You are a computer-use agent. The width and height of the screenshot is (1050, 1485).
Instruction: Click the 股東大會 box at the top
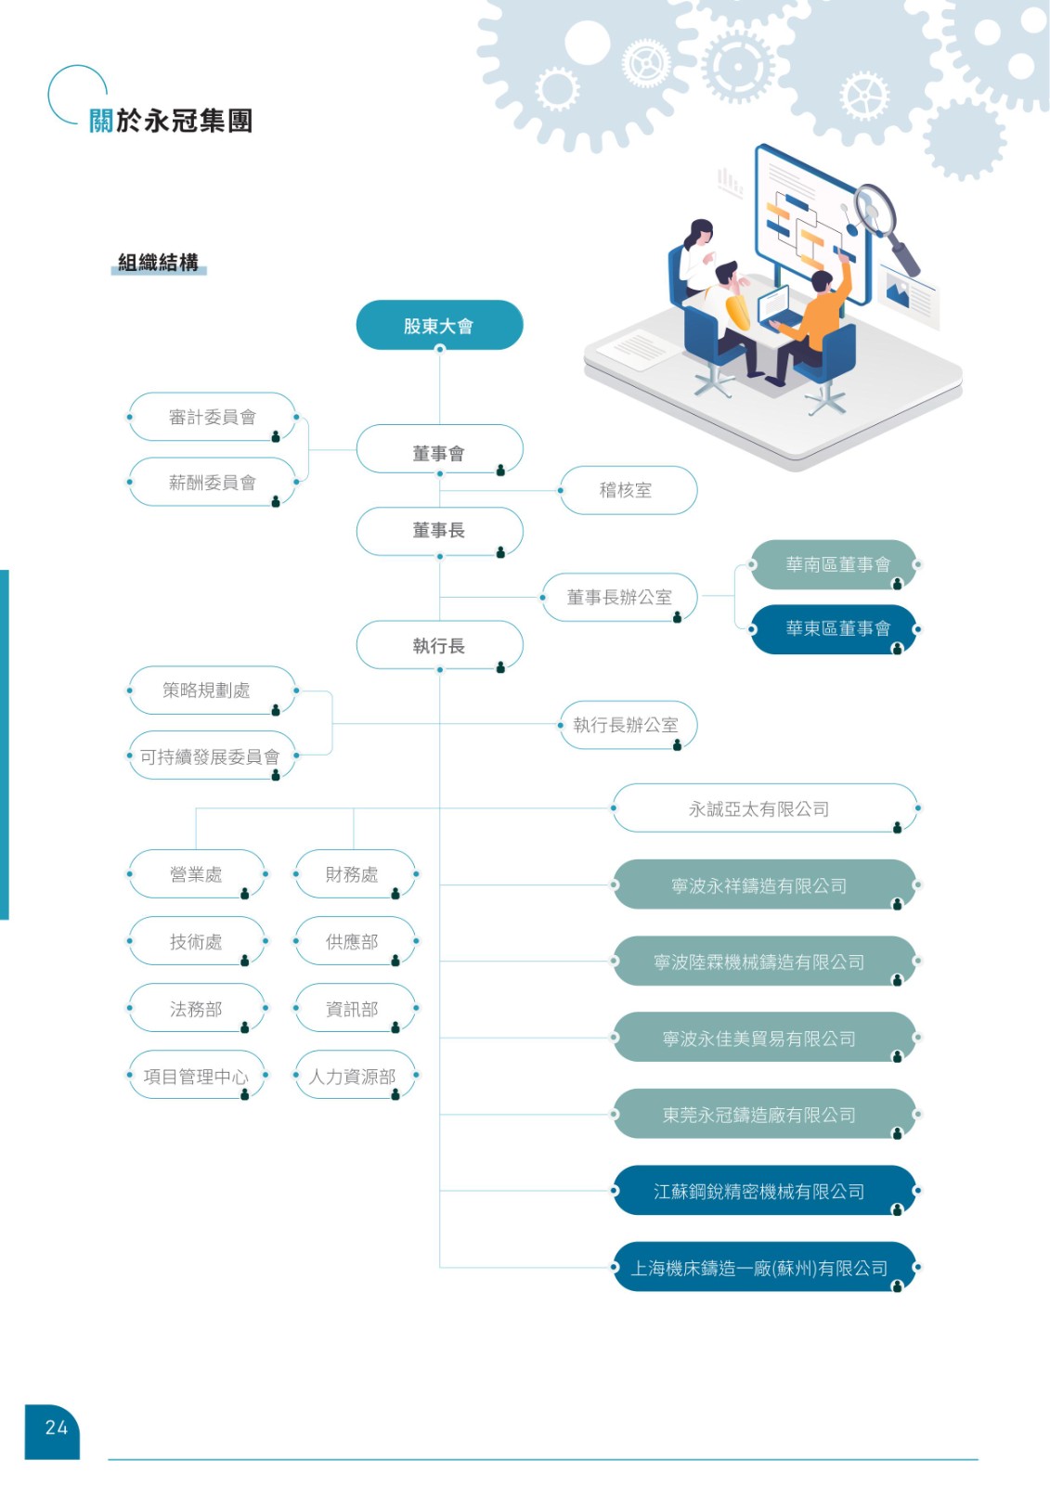[439, 326]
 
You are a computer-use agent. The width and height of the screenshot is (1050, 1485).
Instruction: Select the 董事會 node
[439, 453]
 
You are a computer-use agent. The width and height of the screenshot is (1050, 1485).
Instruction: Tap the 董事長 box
[439, 531]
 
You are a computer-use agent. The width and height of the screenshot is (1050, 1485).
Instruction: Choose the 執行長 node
[439, 646]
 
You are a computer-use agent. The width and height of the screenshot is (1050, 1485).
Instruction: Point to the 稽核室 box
[627, 490]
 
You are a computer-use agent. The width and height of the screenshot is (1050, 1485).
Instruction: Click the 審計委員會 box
[213, 418]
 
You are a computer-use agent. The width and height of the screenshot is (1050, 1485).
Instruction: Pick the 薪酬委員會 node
[213, 483]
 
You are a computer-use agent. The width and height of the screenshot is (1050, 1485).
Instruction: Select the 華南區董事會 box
[836, 564]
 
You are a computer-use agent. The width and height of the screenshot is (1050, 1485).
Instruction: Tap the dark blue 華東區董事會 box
[836, 629]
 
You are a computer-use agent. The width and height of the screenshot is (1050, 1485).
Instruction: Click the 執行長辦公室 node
[627, 725]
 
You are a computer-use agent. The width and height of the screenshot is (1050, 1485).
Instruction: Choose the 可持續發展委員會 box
[211, 756]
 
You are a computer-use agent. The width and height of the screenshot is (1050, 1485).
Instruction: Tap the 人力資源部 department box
[353, 1077]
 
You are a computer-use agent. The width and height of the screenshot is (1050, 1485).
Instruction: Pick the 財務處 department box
[353, 874]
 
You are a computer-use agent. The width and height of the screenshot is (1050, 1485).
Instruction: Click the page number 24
[56, 1428]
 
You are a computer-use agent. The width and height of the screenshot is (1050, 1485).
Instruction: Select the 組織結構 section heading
[159, 263]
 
